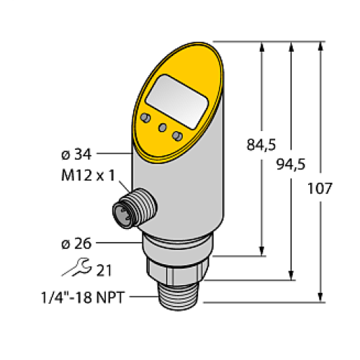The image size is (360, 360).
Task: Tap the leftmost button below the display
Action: tap(145, 117)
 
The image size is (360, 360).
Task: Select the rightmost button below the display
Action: tap(178, 135)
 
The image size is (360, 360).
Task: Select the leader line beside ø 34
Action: tap(114, 153)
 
